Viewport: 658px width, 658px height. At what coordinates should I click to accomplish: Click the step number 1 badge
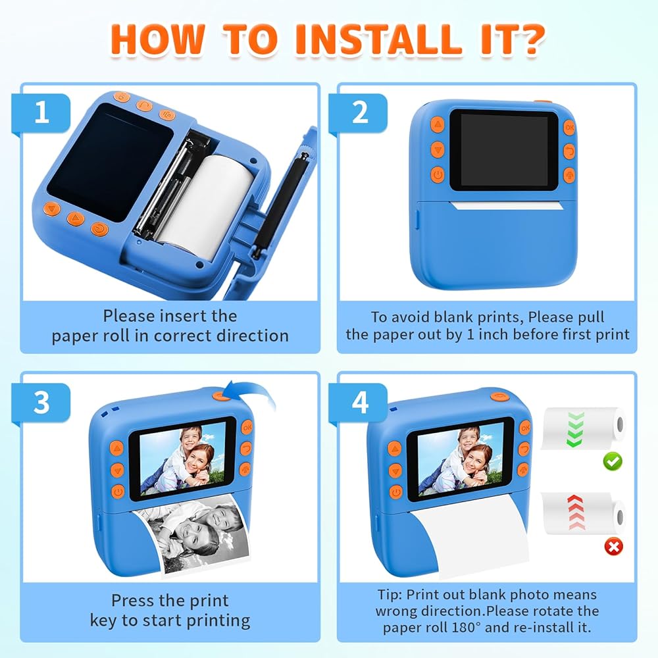pos(41,113)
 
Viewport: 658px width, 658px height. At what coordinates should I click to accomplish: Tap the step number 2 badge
pos(358,113)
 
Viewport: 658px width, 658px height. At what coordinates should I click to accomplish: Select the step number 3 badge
pos(41,402)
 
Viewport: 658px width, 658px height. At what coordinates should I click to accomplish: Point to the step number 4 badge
pos(358,402)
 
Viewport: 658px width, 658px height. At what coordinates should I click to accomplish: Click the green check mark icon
pos(613,461)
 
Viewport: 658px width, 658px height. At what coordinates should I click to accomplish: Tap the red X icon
pos(613,546)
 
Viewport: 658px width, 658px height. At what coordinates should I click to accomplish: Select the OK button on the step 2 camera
pos(569,127)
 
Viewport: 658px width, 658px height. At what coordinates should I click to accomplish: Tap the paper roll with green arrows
pos(583,428)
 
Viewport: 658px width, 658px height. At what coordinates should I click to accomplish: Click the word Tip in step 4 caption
pos(390,595)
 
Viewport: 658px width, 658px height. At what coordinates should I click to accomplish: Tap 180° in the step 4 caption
pos(466,627)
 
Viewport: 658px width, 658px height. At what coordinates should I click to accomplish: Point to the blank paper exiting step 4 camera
pos(470,542)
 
